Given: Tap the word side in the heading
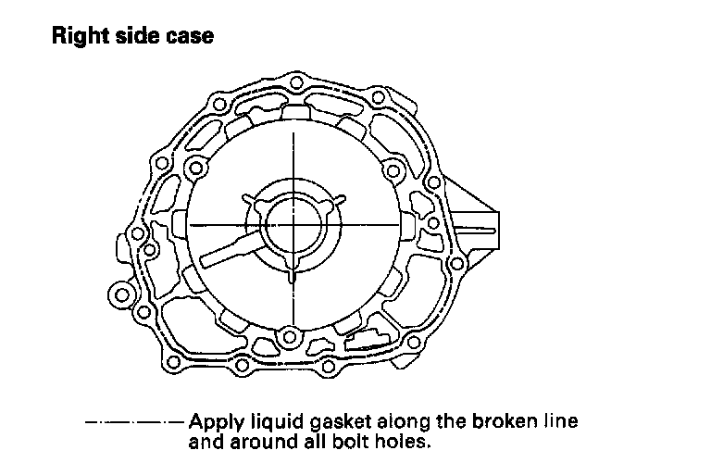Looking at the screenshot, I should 134,38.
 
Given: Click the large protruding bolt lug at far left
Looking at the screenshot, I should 121,296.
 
